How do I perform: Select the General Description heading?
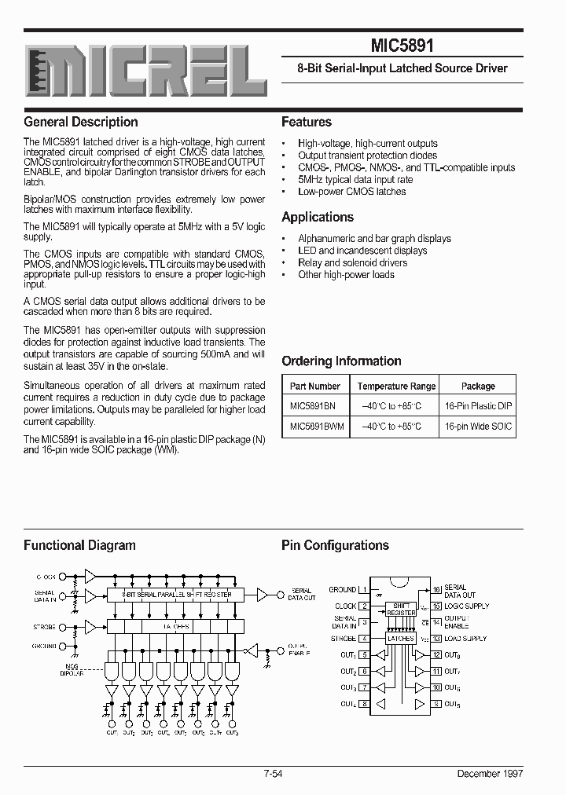click(81, 122)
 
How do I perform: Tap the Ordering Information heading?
click(341, 361)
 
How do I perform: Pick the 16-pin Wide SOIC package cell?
click(478, 426)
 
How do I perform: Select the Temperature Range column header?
click(396, 386)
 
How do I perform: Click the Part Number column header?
click(314, 386)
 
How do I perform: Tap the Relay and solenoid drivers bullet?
click(353, 262)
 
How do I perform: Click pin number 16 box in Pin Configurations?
click(436, 589)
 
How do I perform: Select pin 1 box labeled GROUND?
click(364, 589)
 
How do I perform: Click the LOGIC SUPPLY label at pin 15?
click(466, 606)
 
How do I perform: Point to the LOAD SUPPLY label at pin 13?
click(465, 639)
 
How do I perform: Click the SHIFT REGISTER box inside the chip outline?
click(401, 609)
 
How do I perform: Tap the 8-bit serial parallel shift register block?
click(177, 595)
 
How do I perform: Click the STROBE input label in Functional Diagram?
click(45, 628)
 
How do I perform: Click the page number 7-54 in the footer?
click(276, 774)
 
